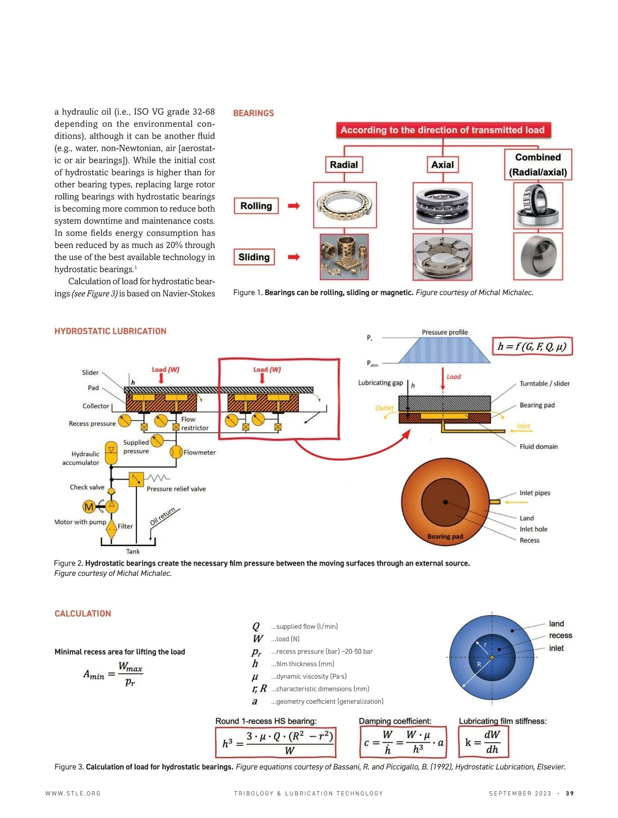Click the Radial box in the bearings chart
pos(344,165)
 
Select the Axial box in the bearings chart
pos(442,165)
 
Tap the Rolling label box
pos(256,206)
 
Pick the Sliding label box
pos(254,257)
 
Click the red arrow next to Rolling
pos(294,206)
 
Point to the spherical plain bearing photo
pos(538,256)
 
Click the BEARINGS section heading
pos(253,113)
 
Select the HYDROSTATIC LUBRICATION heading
pos(110,331)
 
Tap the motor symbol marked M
pos(89,507)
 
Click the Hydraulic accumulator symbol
pos(111,453)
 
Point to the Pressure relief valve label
pos(176,489)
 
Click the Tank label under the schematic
pos(133,551)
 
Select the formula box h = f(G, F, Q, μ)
pos(532,347)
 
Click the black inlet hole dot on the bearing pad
pos(445,502)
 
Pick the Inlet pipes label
pos(535,493)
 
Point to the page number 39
pos(570,793)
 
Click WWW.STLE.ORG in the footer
pos(73,793)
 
